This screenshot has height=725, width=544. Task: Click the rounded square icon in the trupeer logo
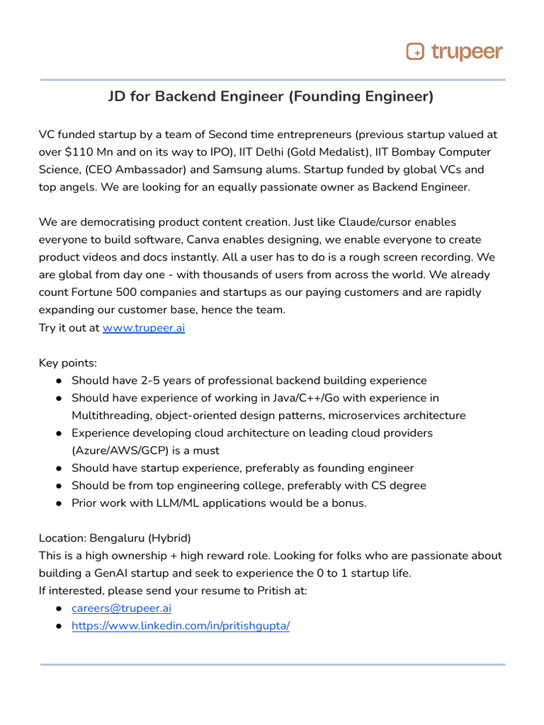click(415, 52)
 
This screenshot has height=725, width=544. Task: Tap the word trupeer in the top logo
click(466, 52)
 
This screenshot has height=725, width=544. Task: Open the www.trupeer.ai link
click(144, 328)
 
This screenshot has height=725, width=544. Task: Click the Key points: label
click(67, 362)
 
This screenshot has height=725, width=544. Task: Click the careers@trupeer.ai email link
click(121, 608)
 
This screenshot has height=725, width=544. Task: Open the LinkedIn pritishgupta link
click(181, 626)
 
